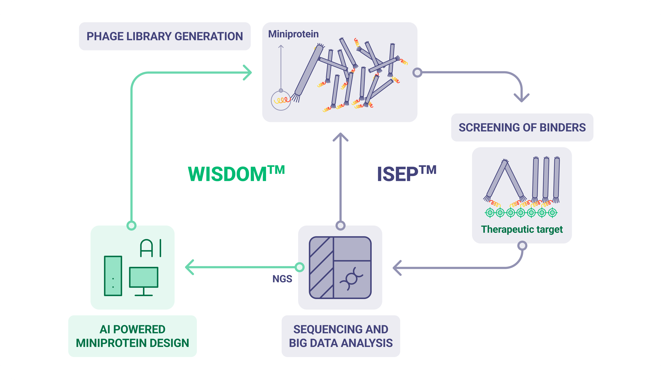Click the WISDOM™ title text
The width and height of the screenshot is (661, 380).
(236, 174)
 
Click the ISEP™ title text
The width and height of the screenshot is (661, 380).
(406, 174)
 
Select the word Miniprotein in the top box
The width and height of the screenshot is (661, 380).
(293, 34)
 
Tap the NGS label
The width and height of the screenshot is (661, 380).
(282, 279)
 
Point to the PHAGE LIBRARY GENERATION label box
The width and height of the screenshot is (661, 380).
(165, 36)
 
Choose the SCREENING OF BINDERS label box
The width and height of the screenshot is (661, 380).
(522, 128)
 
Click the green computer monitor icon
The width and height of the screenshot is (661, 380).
(144, 277)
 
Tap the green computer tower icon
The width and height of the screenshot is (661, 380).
(113, 276)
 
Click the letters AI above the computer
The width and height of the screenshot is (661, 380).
(151, 248)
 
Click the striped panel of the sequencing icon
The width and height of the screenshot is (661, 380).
(321, 267)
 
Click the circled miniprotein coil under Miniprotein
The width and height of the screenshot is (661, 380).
(281, 101)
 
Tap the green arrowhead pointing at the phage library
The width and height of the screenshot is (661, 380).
(248, 72)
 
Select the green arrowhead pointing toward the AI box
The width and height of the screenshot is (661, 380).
(189, 267)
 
